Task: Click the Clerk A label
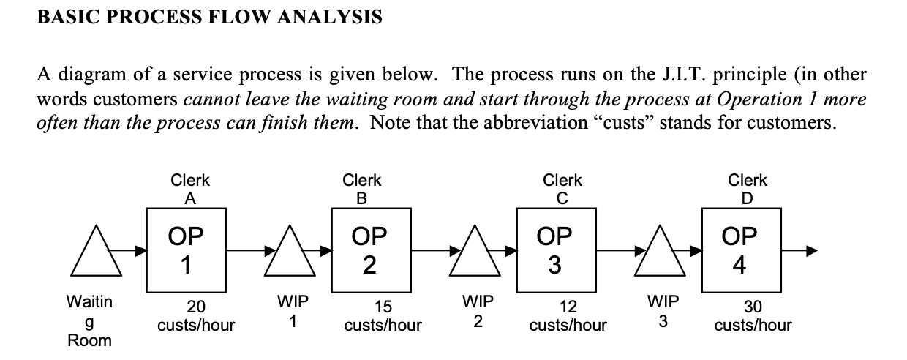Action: [189, 188]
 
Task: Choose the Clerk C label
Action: [562, 188]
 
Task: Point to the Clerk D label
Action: [748, 188]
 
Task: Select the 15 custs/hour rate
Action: [383, 315]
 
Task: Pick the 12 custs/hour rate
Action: [568, 315]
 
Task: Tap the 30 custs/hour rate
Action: [753, 315]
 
